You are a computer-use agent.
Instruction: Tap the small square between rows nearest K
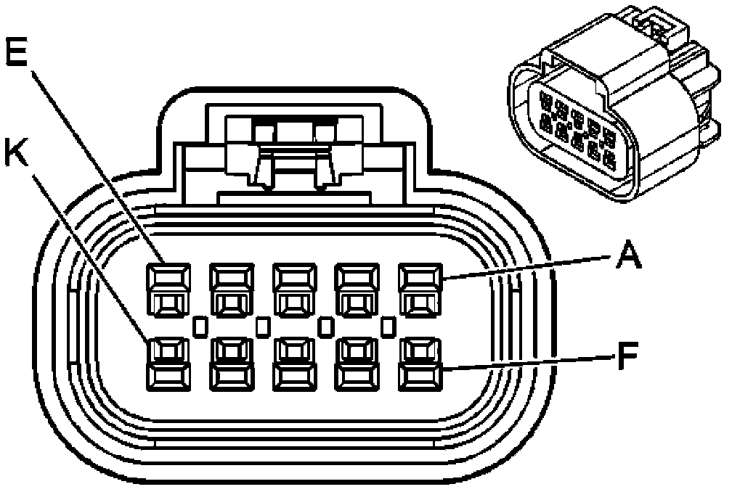pyautogui.click(x=200, y=327)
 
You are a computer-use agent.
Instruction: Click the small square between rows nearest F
pyautogui.click(x=389, y=327)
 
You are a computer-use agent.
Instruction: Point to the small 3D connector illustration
pyautogui.click(x=610, y=109)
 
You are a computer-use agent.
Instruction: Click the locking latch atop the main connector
pyautogui.click(x=295, y=152)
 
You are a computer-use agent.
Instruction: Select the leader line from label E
pyautogui.click(x=94, y=160)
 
